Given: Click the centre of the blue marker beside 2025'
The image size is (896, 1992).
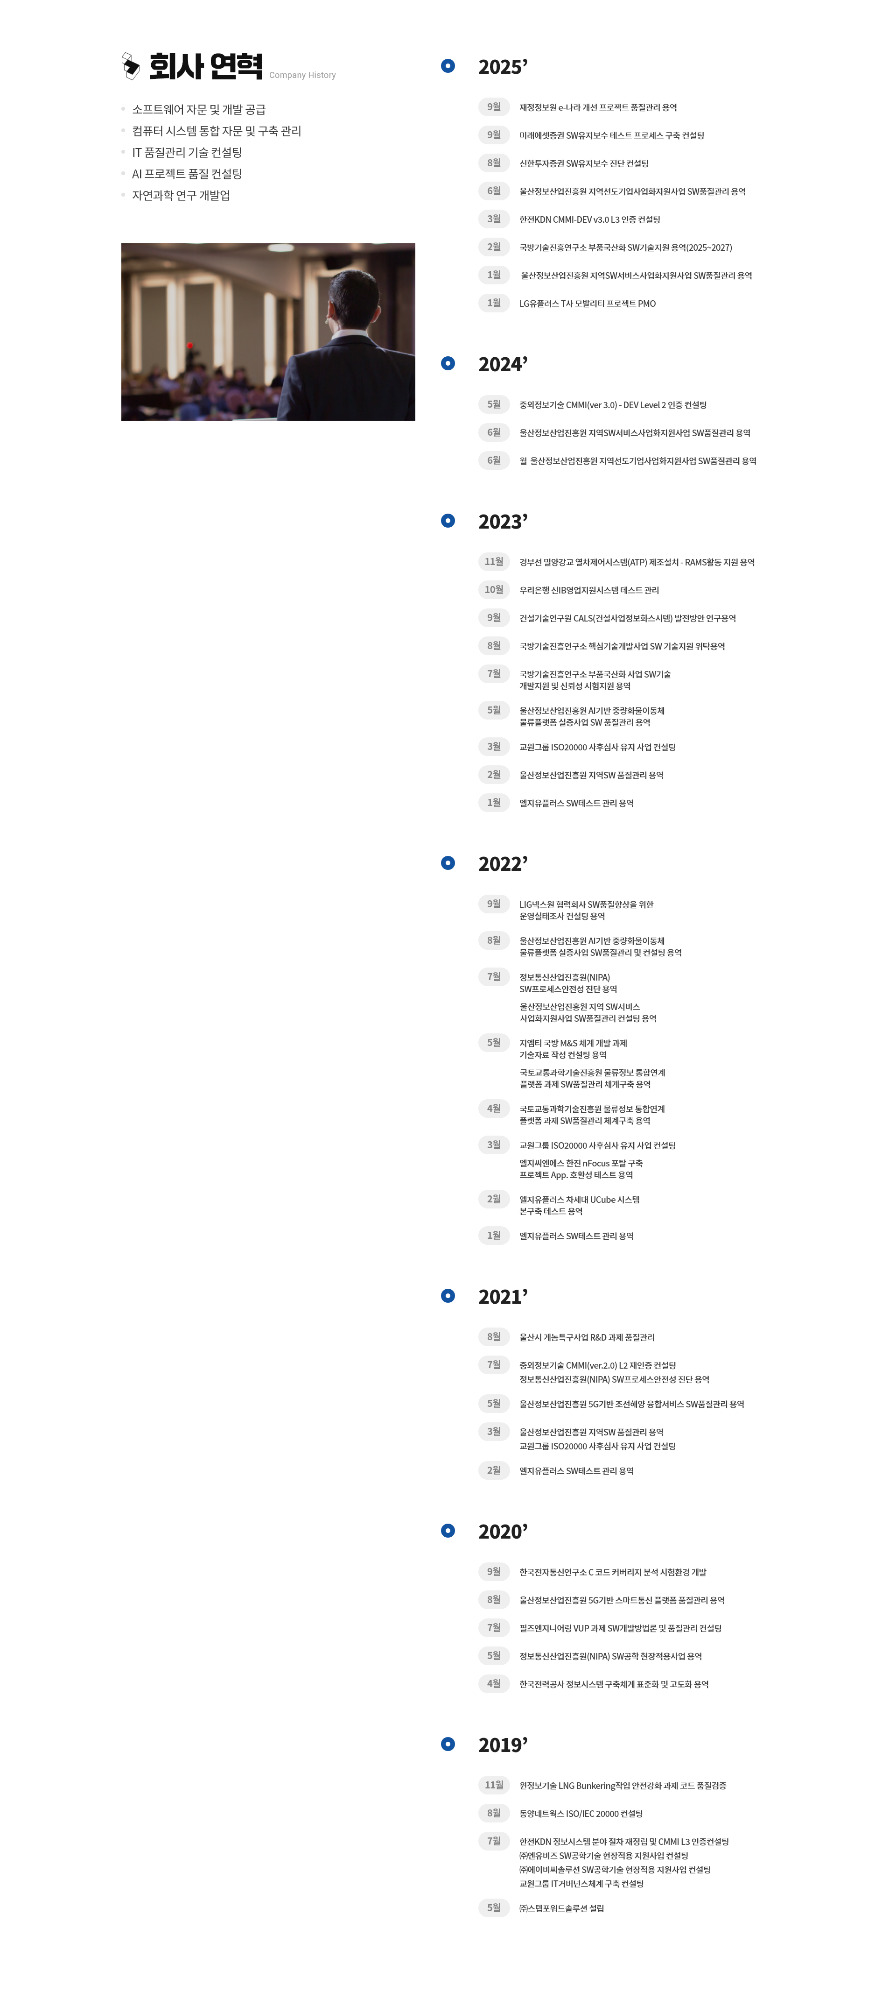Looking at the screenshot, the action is click(x=448, y=66).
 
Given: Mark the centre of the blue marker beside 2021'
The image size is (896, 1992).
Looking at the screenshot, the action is click(x=448, y=1295).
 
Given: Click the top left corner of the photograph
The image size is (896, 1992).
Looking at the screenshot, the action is click(x=121, y=244).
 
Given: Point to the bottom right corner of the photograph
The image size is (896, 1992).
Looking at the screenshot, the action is click(x=415, y=421).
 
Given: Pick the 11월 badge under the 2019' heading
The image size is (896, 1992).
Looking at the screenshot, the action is click(x=494, y=1785).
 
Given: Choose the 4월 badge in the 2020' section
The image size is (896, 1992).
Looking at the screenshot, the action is click(x=494, y=1683).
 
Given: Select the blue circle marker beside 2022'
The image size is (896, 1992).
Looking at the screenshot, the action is click(x=448, y=863).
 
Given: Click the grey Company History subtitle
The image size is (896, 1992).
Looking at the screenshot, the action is click(x=302, y=75).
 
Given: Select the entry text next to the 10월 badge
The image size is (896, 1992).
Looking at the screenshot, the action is click(x=589, y=591).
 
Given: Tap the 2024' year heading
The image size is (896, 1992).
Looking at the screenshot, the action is click(x=503, y=364).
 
